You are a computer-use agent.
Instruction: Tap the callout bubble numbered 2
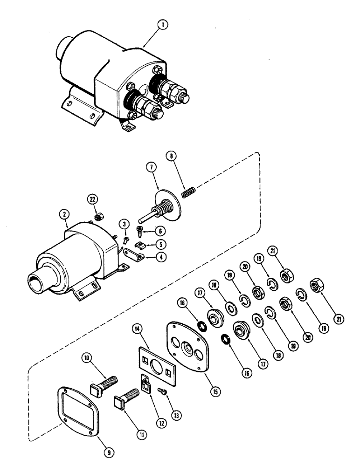pos(65,215)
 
